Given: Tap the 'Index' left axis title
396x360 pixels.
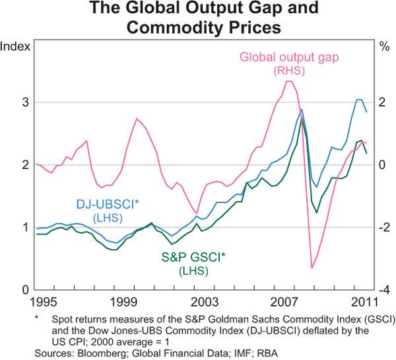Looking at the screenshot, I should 15,47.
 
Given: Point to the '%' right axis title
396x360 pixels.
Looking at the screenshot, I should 383,47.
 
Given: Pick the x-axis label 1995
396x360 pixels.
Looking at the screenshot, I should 49,302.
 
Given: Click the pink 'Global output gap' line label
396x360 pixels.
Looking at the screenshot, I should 289,57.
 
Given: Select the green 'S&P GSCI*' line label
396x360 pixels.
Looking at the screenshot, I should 193,258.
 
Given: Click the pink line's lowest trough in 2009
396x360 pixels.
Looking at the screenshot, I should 312,268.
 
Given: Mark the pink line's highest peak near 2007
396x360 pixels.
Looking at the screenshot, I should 288,81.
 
